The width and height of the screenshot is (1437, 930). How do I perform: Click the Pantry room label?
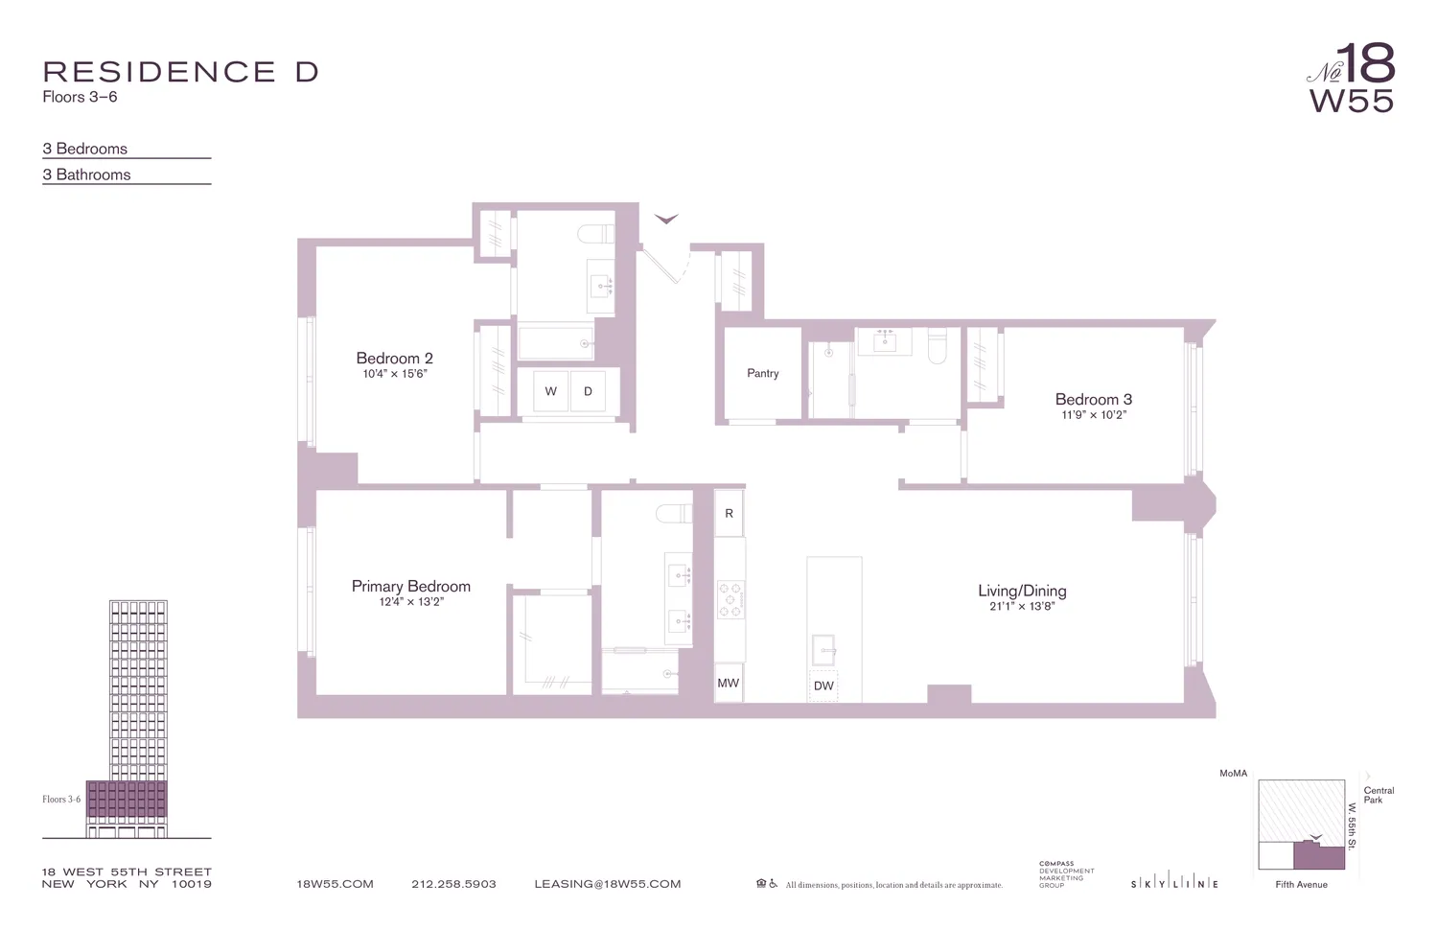tap(762, 374)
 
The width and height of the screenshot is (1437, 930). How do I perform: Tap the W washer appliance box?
tap(550, 391)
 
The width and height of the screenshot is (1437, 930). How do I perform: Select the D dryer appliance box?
tap(588, 391)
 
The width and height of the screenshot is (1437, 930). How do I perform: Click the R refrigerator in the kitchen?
tap(729, 514)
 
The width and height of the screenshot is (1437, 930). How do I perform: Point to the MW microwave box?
tap(729, 683)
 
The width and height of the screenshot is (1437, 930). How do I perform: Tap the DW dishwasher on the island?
tap(823, 686)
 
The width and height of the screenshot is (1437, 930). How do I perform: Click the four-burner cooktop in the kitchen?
tap(730, 599)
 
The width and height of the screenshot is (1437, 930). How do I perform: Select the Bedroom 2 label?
tap(394, 359)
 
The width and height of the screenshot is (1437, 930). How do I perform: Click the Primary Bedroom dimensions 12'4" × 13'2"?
tap(411, 602)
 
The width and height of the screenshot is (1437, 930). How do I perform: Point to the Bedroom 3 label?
tap(1093, 400)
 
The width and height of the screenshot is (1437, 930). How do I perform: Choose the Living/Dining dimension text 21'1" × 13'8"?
tap(1022, 607)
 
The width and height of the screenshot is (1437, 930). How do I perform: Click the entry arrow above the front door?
tap(666, 220)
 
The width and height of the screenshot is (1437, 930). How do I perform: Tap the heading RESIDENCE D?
tap(180, 72)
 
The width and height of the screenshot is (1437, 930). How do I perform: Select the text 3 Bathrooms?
tap(86, 174)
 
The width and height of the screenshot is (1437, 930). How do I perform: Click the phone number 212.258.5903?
tap(453, 884)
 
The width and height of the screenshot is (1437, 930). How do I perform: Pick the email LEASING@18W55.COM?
tap(607, 884)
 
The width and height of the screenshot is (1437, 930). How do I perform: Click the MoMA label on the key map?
tap(1233, 773)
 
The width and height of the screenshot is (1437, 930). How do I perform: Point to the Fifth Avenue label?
tap(1301, 885)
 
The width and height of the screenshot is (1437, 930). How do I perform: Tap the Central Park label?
tap(1379, 795)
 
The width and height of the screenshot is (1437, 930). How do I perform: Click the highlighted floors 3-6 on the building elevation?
tap(127, 799)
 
